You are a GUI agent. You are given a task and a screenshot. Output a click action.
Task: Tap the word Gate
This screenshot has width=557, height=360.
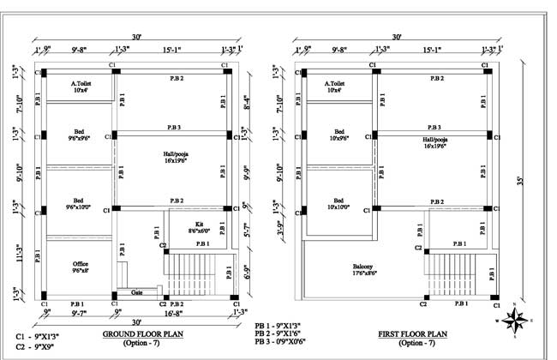click(136, 291)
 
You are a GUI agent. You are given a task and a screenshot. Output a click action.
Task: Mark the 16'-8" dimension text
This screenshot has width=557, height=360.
click(183, 314)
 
